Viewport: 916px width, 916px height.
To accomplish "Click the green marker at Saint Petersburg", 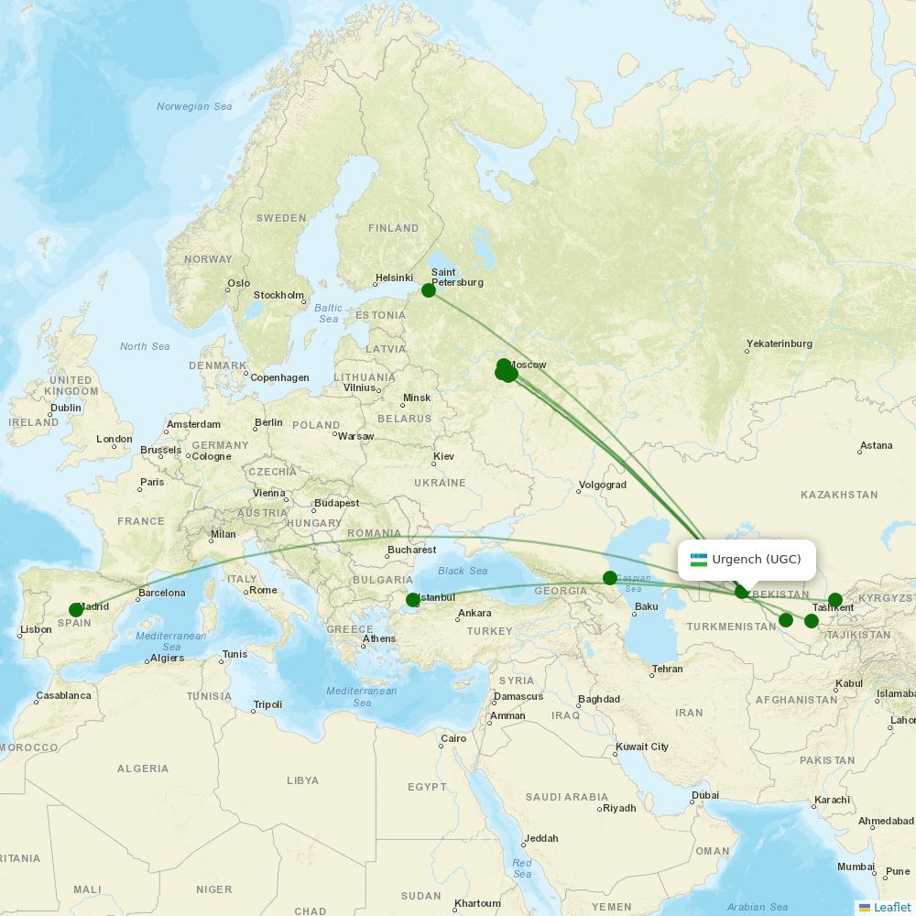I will click(428, 290).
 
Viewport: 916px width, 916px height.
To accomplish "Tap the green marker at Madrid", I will click(76, 610).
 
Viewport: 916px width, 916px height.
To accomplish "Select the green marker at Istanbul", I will click(413, 600).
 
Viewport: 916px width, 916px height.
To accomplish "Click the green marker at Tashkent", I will click(835, 600).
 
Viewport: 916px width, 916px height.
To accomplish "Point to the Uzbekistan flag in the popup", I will click(699, 560).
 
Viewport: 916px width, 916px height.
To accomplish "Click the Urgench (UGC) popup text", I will click(757, 560).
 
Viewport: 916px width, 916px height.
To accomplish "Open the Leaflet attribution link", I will click(891, 907).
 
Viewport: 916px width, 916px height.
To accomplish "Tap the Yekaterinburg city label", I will click(779, 343).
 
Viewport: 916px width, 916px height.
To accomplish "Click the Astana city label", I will click(876, 445).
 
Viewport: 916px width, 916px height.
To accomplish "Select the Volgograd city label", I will click(603, 485).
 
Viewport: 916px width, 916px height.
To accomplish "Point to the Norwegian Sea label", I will click(194, 106).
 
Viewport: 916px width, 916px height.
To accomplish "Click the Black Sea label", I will click(463, 571).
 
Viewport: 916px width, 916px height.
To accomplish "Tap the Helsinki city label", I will click(394, 278).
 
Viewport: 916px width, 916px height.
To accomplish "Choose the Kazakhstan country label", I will click(839, 495).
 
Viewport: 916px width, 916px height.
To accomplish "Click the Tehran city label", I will click(667, 669).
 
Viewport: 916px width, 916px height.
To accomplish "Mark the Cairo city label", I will click(453, 738).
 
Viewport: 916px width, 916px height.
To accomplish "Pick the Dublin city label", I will click(66, 408).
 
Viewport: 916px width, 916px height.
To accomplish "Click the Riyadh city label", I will click(619, 808).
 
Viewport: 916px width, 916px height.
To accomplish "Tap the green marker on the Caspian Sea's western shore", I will click(610, 578).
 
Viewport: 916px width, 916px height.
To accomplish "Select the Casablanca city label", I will click(63, 695).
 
